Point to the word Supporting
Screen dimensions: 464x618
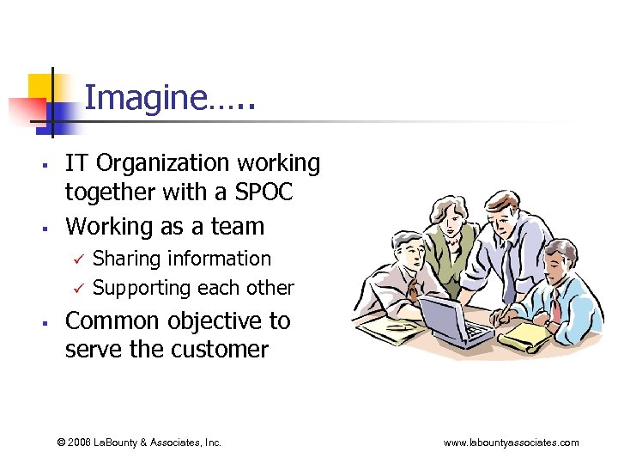coord(141,288)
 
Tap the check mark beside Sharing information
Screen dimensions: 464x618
coord(76,259)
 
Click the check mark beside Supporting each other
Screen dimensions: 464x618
coord(76,288)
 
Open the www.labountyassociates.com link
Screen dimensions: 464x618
coord(511,443)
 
